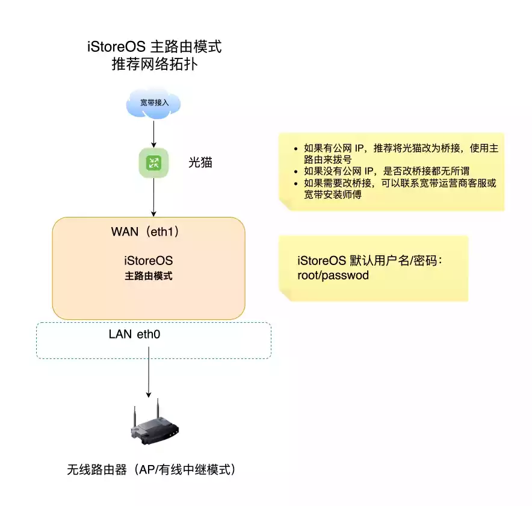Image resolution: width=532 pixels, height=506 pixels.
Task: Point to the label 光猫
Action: [x=200, y=163]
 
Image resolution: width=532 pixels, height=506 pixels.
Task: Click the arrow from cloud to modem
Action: [x=154, y=133]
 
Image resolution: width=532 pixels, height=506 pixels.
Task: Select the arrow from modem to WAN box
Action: [x=154, y=196]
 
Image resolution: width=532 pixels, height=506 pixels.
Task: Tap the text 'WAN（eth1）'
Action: [x=146, y=232]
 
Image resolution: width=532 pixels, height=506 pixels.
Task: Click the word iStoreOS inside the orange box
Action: [x=149, y=261]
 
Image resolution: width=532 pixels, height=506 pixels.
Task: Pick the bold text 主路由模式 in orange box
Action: [x=149, y=276]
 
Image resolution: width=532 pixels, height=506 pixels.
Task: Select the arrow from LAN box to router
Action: [x=149, y=376]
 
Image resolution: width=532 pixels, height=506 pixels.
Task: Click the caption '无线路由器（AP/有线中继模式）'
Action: [x=151, y=469]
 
